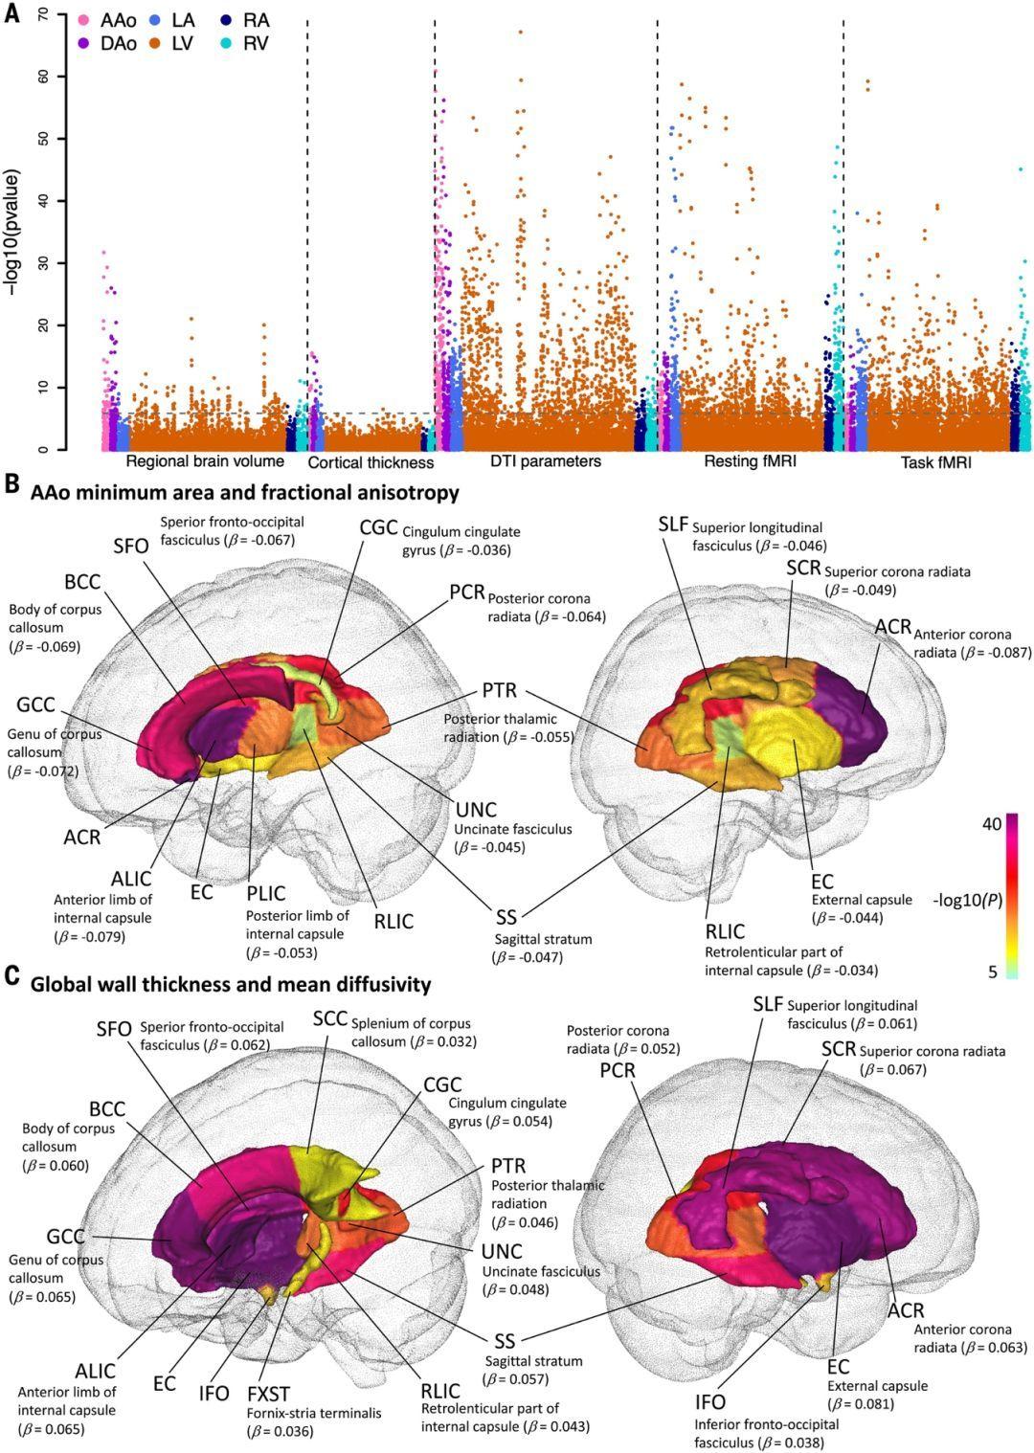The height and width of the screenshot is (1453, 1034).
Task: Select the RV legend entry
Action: tap(256, 43)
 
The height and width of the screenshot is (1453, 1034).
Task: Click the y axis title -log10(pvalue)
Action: tap(13, 230)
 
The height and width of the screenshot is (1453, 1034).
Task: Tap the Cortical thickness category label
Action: tap(371, 462)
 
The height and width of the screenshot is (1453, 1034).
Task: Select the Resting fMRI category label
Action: tap(750, 461)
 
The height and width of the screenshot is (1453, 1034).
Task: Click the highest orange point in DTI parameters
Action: tap(520, 33)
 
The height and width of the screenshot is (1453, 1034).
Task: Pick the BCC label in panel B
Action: tap(82, 583)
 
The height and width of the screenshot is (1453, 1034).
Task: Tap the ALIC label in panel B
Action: tap(130, 880)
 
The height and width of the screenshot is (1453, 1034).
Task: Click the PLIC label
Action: tap(265, 893)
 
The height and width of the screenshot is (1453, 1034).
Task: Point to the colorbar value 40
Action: tap(992, 823)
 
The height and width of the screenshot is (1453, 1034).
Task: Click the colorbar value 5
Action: tap(994, 971)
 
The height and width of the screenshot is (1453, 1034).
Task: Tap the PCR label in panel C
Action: tap(618, 1070)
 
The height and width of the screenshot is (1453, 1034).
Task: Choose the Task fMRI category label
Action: tap(935, 463)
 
